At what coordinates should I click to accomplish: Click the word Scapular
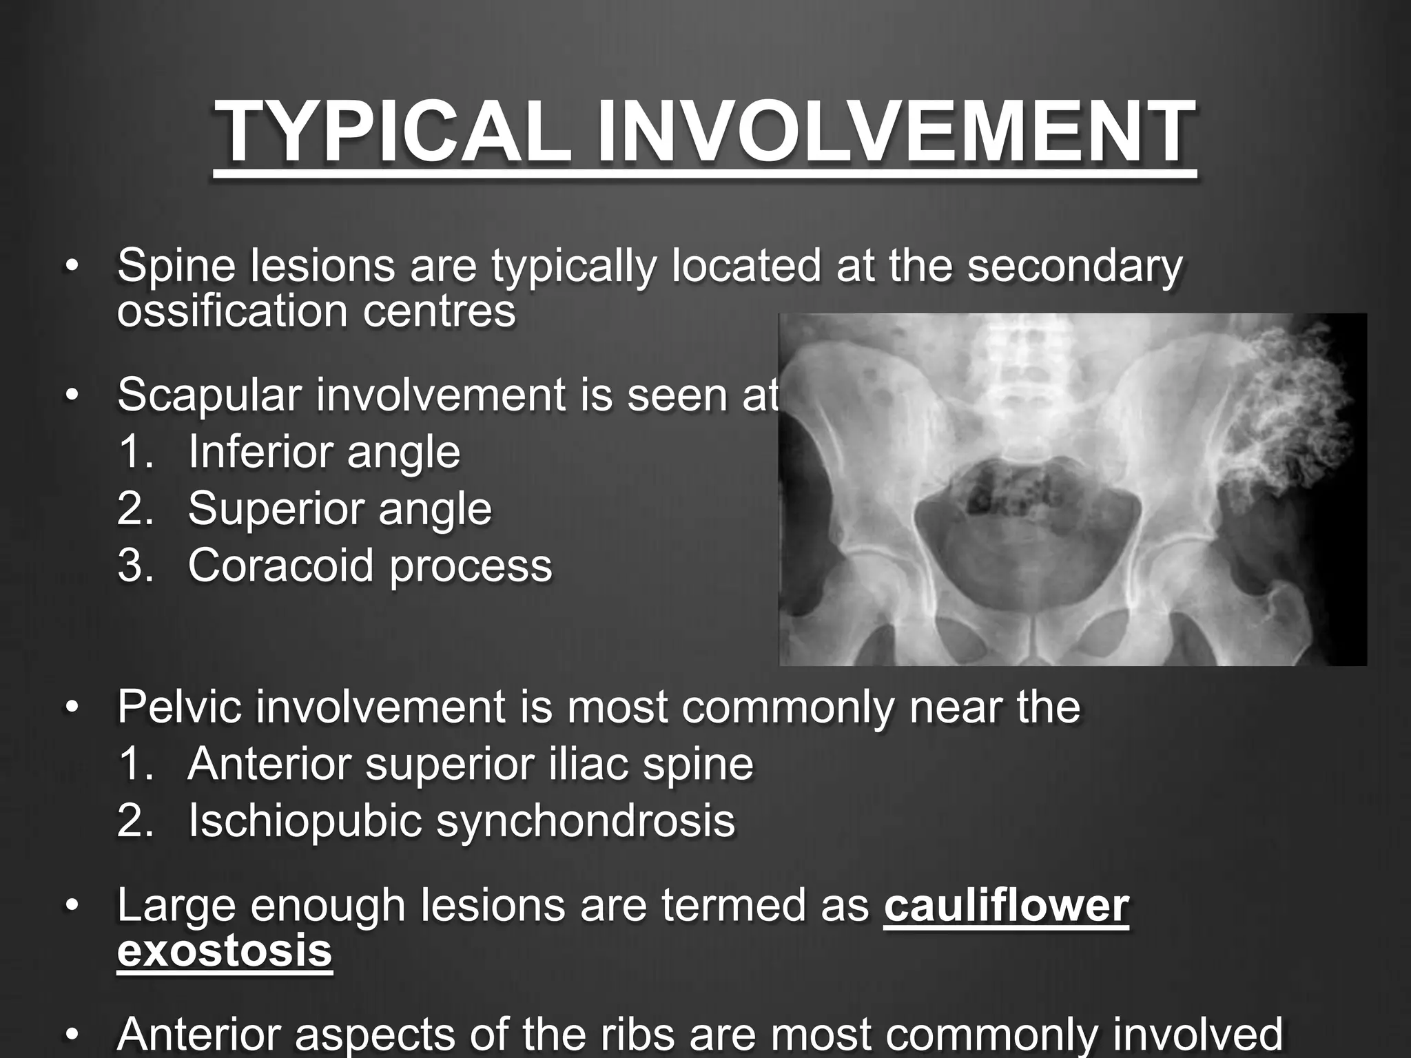click(x=209, y=395)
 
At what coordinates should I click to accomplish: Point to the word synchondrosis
click(x=586, y=820)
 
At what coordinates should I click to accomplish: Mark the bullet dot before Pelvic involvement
click(x=72, y=707)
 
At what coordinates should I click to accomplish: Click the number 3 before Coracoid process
click(x=130, y=566)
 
